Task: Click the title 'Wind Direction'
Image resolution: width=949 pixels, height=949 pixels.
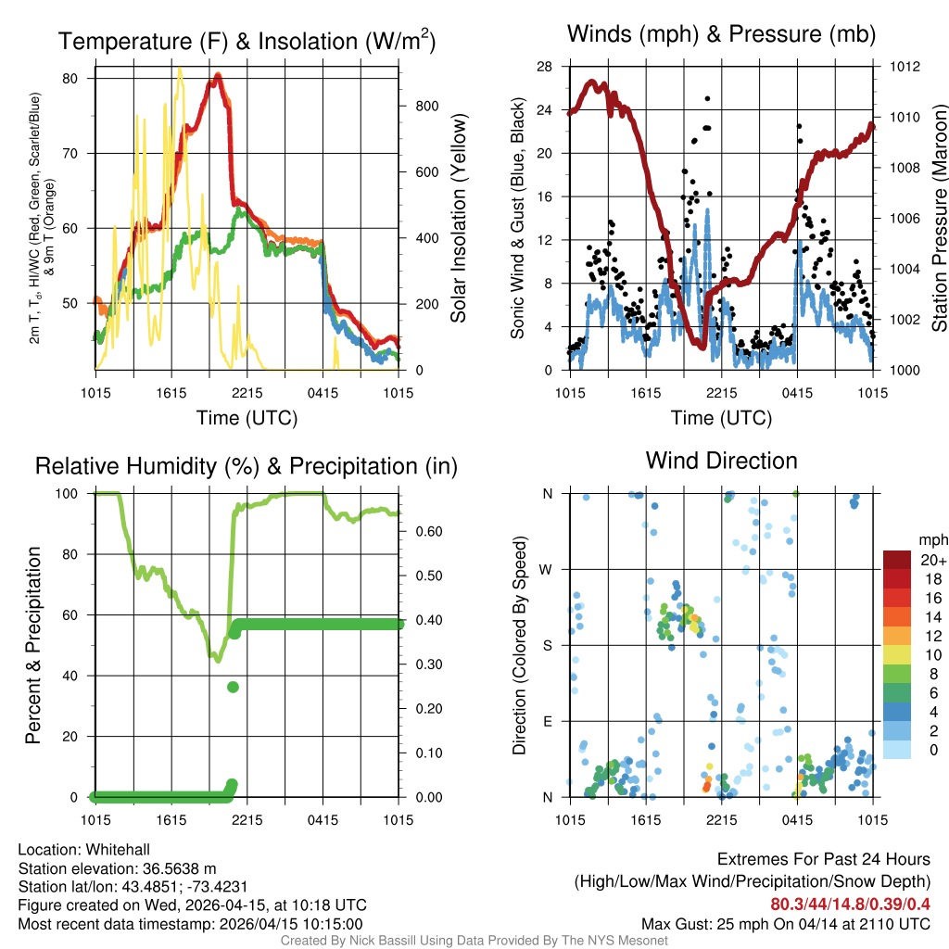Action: tap(721, 461)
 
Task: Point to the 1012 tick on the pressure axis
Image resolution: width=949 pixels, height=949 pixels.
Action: tap(905, 67)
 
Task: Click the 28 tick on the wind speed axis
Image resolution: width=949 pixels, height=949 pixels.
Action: tap(545, 67)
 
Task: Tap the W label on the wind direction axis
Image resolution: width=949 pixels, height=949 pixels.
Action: tap(547, 569)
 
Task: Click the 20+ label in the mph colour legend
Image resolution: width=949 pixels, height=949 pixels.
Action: tap(931, 560)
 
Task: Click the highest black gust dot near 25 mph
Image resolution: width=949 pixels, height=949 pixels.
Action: tap(707, 98)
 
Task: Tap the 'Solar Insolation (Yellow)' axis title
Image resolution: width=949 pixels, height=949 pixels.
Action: tap(459, 219)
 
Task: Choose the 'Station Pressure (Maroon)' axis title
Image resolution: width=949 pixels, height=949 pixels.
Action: tap(938, 219)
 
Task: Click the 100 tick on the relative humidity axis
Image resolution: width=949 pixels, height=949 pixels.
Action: tap(72, 494)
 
